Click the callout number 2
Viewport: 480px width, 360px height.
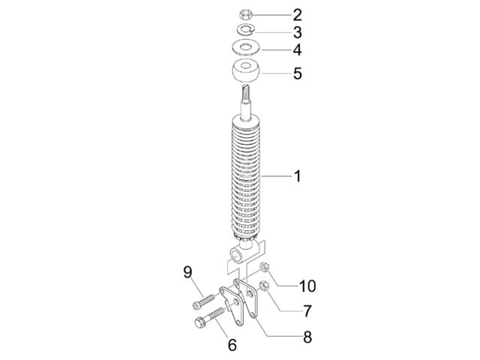point(297,15)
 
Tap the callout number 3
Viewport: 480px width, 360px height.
point(297,32)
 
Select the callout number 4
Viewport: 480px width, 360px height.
point(297,50)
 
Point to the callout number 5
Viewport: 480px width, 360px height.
point(297,73)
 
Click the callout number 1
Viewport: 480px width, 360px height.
point(297,176)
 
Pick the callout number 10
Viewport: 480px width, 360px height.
point(307,286)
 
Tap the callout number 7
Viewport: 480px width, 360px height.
point(307,311)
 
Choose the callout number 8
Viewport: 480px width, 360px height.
point(307,337)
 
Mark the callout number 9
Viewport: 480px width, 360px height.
point(187,271)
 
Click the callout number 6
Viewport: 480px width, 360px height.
point(232,345)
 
